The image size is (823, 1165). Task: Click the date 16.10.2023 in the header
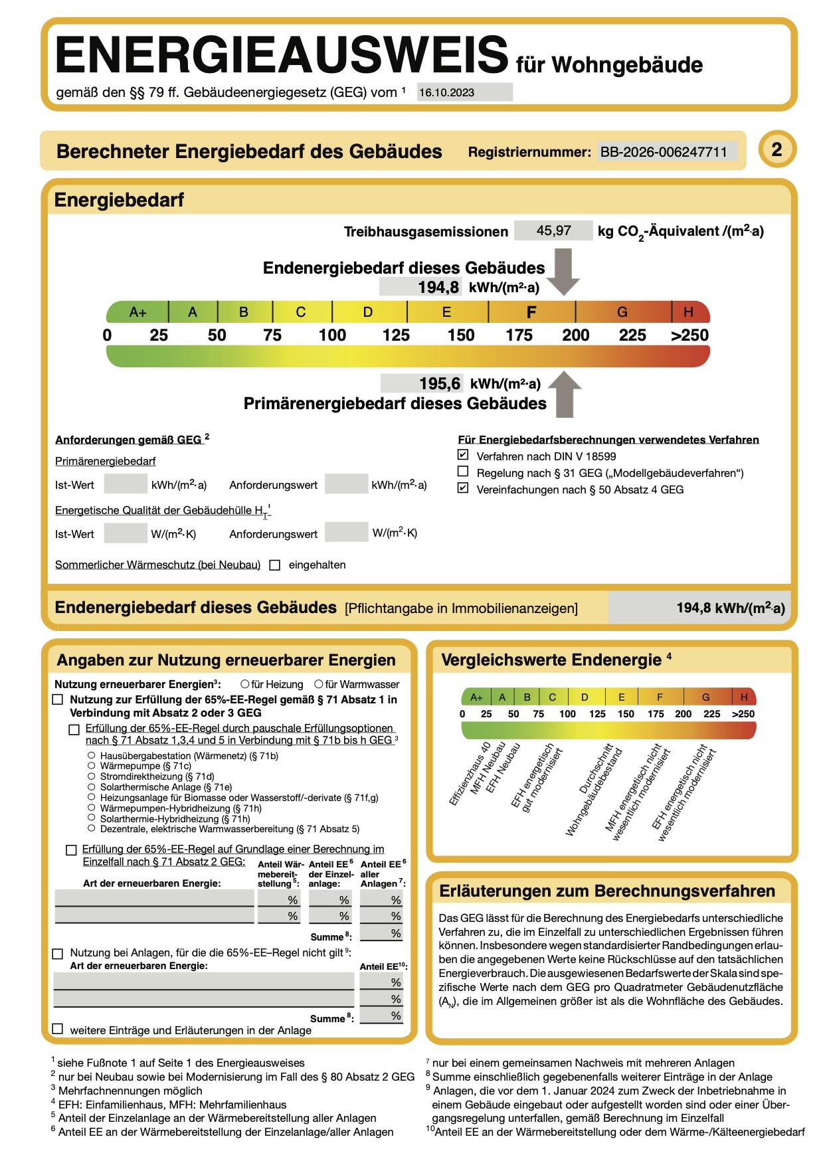[x=446, y=92]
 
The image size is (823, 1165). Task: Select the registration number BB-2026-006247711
[x=664, y=152]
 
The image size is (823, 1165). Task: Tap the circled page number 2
[x=777, y=149]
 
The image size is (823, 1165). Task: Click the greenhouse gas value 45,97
[x=553, y=230]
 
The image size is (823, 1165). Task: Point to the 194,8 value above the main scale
[x=438, y=287]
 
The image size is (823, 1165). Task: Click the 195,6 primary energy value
[x=439, y=383]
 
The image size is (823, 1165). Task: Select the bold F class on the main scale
[x=531, y=312]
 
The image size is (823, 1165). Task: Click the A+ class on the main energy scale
[x=137, y=312]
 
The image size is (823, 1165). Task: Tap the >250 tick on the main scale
[x=689, y=335]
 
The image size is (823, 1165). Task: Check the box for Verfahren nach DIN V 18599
[x=463, y=455]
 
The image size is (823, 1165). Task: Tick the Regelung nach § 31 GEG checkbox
[x=463, y=472]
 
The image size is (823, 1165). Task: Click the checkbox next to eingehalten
[x=274, y=565]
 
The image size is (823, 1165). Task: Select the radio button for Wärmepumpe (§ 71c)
[x=92, y=766]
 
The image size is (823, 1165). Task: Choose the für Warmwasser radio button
[x=319, y=684]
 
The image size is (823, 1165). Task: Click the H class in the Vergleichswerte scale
[x=744, y=697]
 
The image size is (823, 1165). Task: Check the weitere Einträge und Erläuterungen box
[x=58, y=1029]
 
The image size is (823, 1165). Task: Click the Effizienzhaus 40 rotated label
[x=470, y=774]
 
